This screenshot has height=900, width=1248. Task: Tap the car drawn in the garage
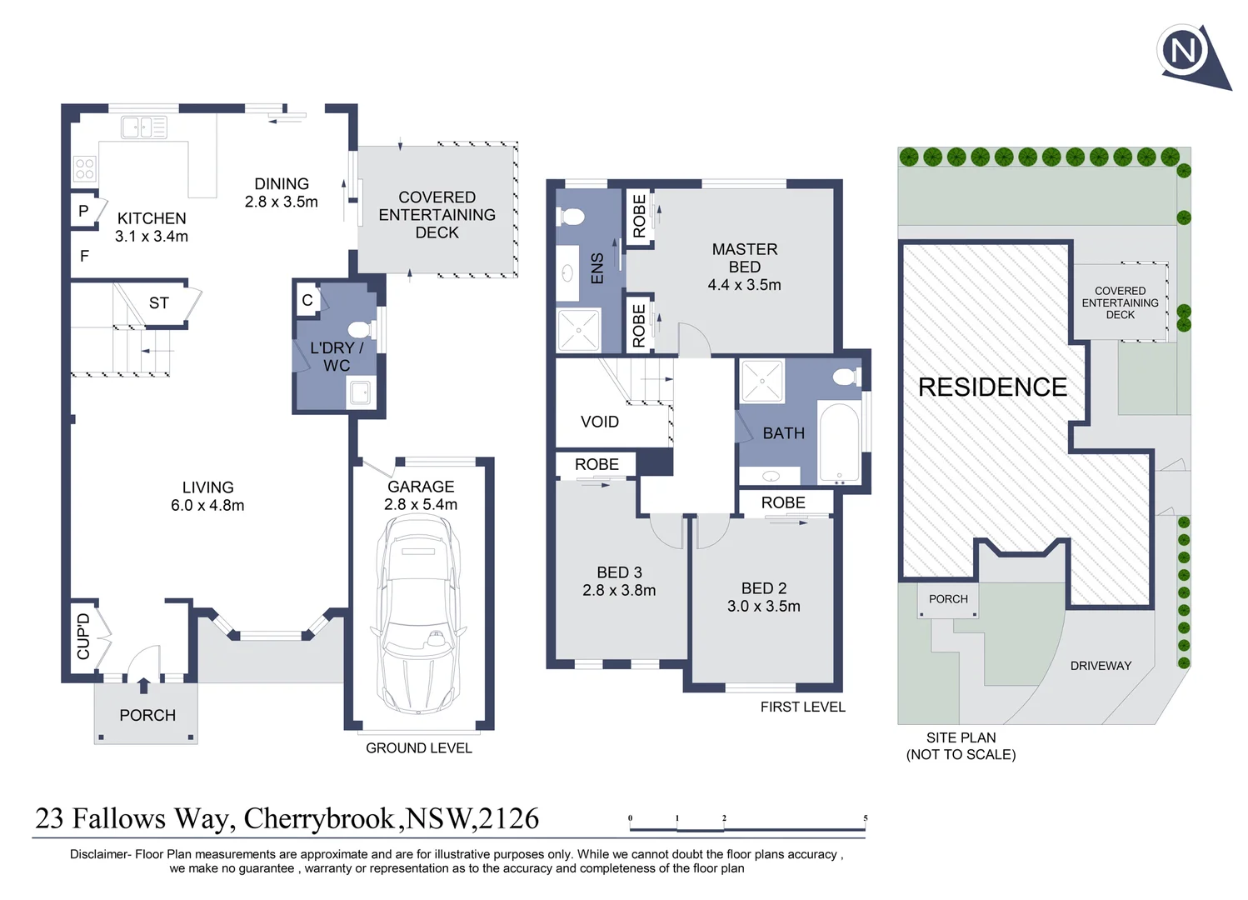[x=417, y=613]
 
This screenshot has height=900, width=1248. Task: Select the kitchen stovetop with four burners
[x=84, y=169]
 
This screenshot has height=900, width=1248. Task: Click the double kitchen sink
[x=144, y=127]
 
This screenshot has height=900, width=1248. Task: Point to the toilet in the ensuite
[x=572, y=217]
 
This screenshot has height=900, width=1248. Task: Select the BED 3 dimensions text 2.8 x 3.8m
[x=619, y=591]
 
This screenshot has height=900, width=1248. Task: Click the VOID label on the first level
[x=599, y=422]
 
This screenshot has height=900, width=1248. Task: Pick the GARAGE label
[x=421, y=487]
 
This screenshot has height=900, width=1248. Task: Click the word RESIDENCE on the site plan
[x=991, y=387]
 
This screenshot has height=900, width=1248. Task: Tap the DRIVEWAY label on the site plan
[x=1101, y=666]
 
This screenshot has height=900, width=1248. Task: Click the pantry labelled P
[x=83, y=212]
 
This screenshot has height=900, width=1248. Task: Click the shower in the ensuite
[x=578, y=330]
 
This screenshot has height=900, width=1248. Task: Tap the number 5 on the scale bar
[x=866, y=818]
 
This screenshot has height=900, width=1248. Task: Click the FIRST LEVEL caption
[x=802, y=707]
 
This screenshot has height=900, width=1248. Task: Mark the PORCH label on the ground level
[x=147, y=715]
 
